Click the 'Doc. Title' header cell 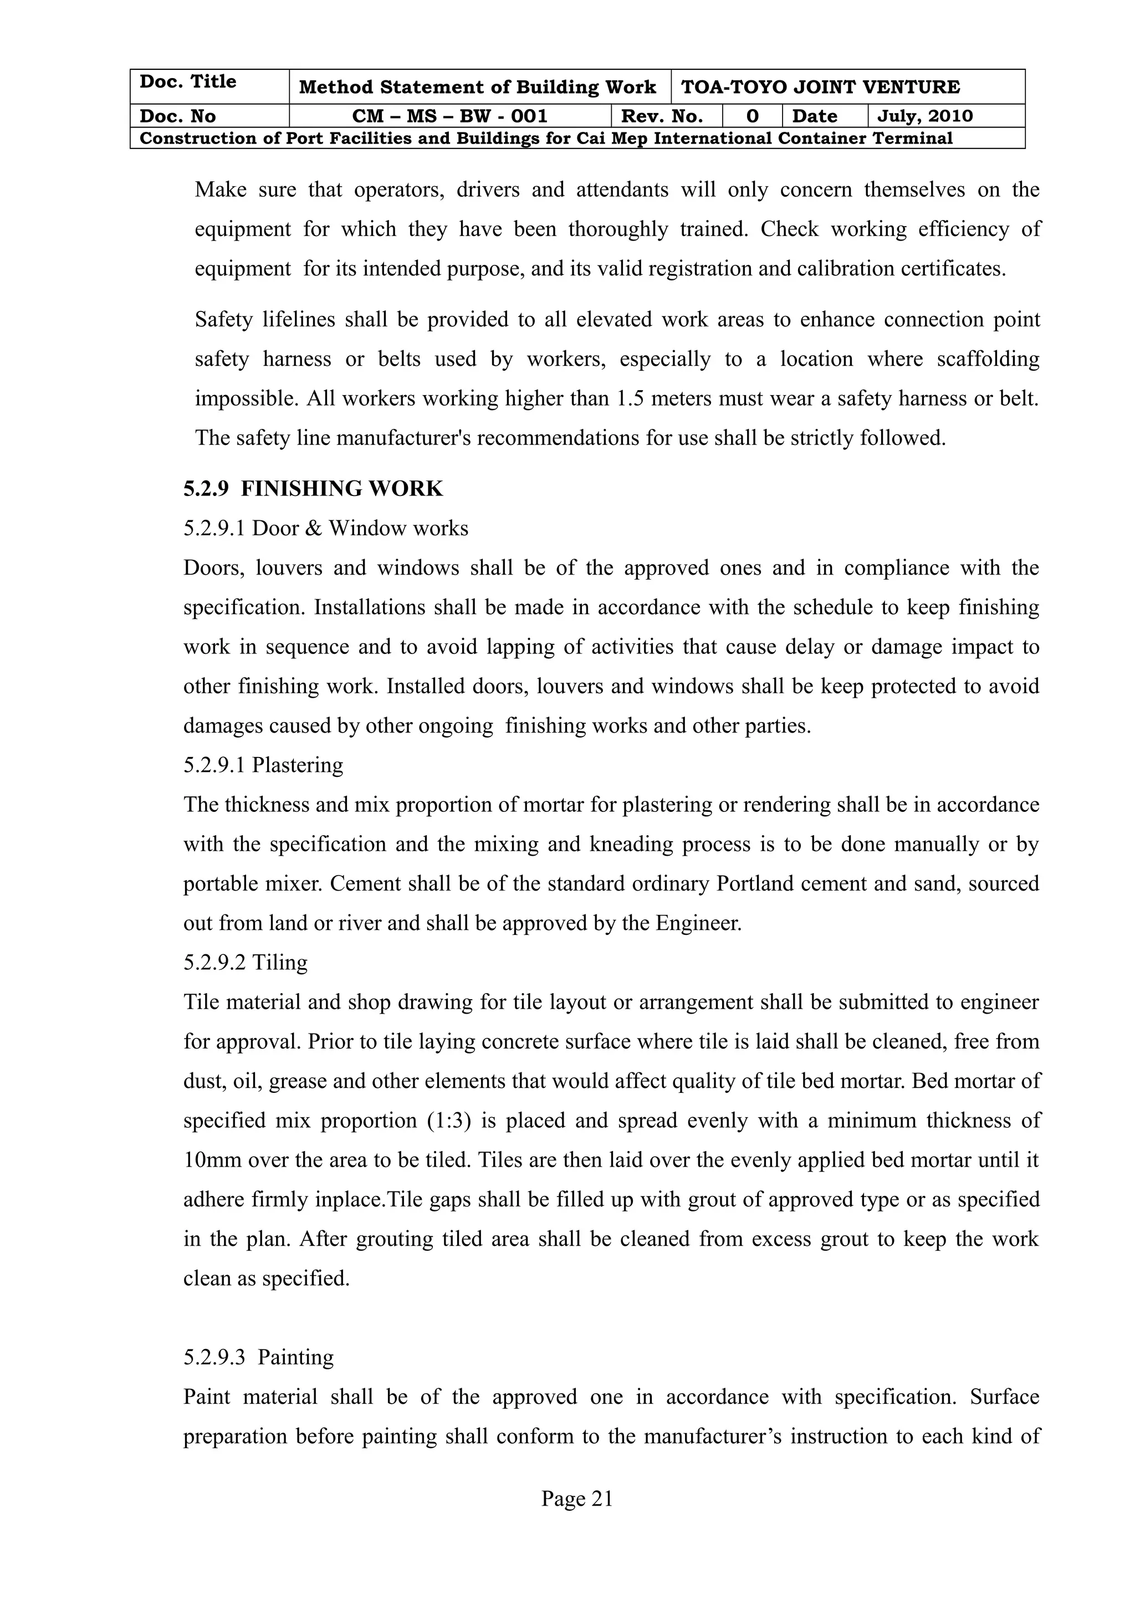pos(188,82)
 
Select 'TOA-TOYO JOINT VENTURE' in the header pos(820,88)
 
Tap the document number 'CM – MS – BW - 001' pos(449,116)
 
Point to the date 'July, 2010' pos(924,116)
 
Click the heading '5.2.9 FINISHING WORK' pos(313,489)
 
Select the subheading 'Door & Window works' pos(360,528)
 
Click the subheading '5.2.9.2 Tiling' pos(245,963)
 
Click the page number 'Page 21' pos(577,1498)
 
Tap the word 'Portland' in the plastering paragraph pos(755,884)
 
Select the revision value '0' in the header pos(752,116)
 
